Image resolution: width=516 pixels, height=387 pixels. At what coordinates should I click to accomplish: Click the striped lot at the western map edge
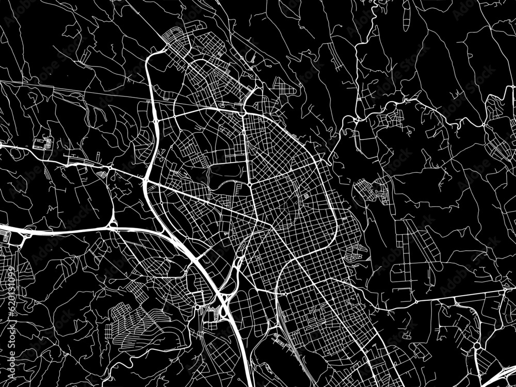point(6,237)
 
